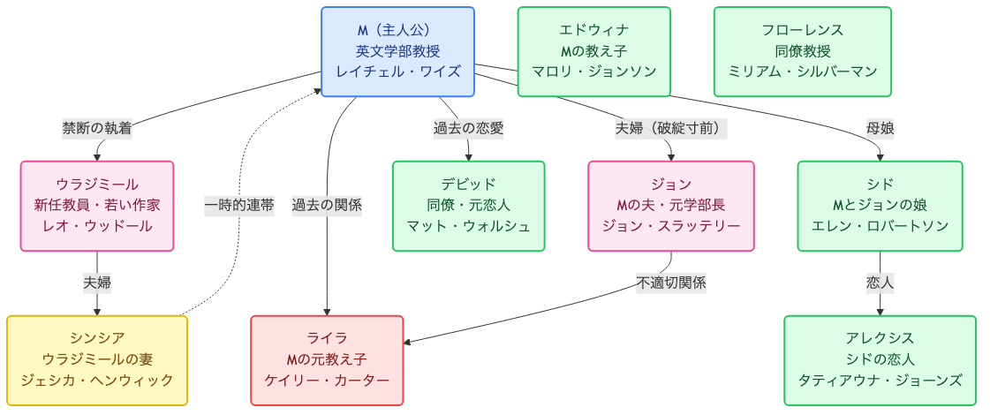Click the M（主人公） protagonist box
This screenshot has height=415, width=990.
[397, 51]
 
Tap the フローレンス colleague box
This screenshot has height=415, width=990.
[802, 51]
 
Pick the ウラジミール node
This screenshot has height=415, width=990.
[97, 206]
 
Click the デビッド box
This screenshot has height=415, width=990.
[468, 206]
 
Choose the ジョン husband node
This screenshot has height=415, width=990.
[670, 206]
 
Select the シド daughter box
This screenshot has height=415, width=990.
[880, 206]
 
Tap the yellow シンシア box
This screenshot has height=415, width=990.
[97, 359]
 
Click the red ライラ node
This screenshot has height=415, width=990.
[327, 359]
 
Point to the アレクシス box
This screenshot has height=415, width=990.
[880, 359]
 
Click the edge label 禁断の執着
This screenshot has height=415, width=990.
[97, 128]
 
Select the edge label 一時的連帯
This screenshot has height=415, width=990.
[238, 206]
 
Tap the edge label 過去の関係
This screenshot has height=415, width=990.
[327, 206]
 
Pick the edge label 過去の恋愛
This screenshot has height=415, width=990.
[468, 128]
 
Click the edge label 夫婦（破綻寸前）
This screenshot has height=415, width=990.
[670, 128]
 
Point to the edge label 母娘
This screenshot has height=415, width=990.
[880, 128]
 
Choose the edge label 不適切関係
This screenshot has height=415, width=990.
[670, 283]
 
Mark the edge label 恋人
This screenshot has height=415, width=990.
[880, 283]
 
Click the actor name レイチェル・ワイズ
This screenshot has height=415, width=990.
[397, 72]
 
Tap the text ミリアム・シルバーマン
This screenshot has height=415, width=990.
[802, 72]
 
